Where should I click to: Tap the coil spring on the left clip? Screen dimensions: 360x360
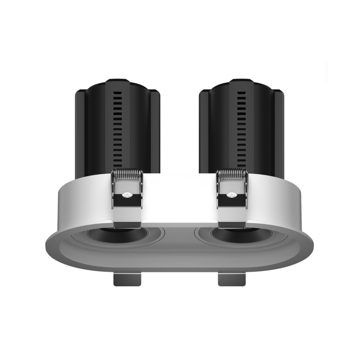(127, 175)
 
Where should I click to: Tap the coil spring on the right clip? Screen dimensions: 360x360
(231, 175)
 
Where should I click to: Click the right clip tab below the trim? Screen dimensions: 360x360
(231, 278)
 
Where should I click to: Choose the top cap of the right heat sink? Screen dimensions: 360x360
(241, 84)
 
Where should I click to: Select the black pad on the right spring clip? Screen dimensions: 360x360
(232, 201)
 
